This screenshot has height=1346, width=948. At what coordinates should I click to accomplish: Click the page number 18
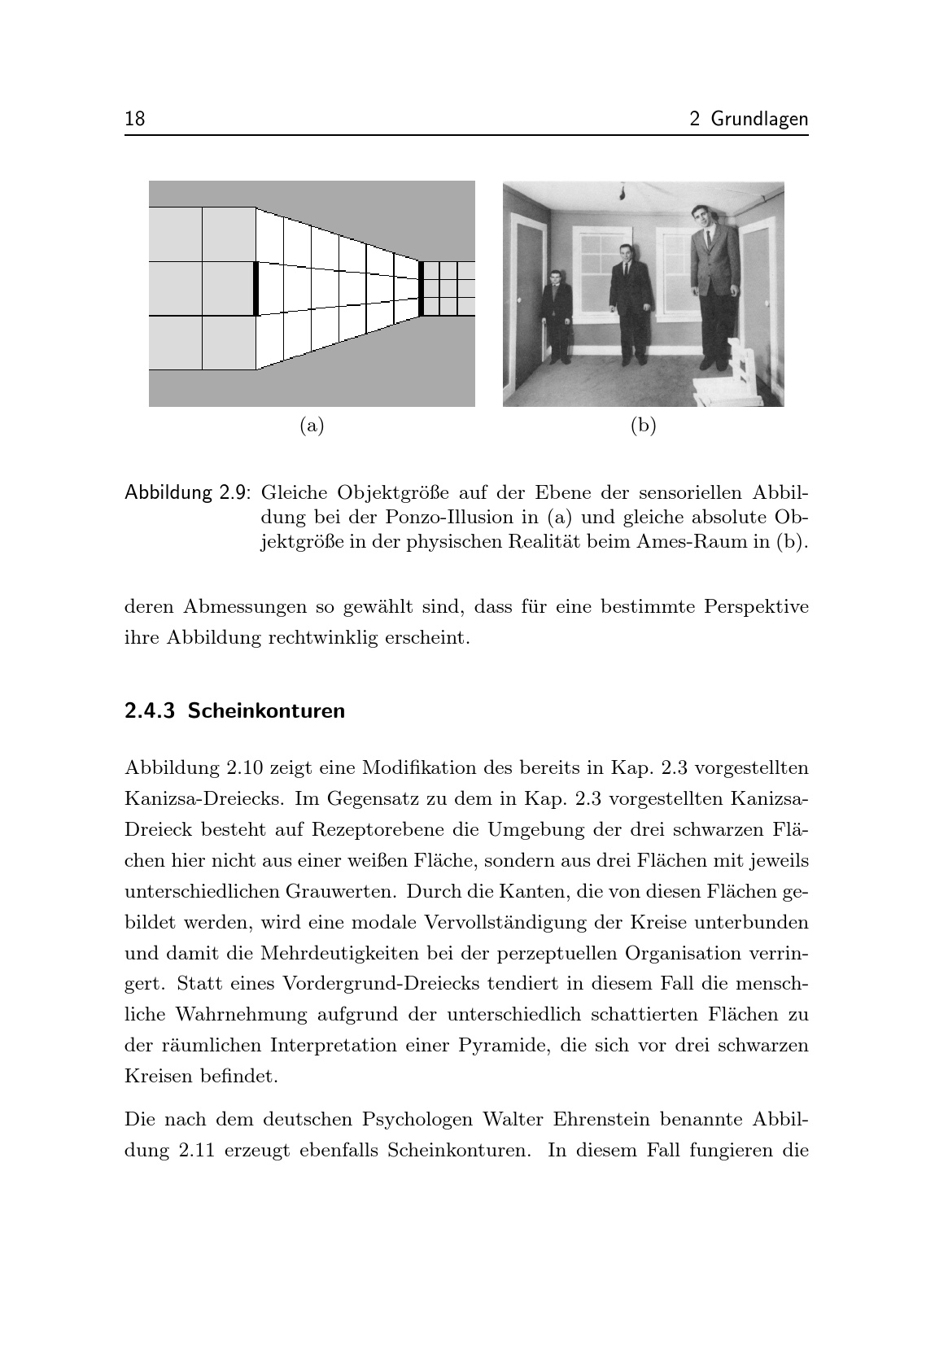[135, 119]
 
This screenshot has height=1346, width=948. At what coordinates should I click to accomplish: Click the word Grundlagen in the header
[759, 120]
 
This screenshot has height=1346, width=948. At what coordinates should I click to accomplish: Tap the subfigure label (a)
[312, 425]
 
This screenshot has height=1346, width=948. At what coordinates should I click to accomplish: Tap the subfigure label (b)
[643, 425]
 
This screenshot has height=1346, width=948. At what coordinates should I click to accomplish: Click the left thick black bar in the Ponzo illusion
[256, 288]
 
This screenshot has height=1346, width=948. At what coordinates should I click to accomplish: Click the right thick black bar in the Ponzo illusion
[422, 288]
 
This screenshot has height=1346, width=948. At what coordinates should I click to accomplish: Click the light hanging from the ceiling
[623, 192]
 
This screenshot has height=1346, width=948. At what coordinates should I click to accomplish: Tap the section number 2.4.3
[150, 711]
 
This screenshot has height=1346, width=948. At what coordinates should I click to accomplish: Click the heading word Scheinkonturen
[267, 711]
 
